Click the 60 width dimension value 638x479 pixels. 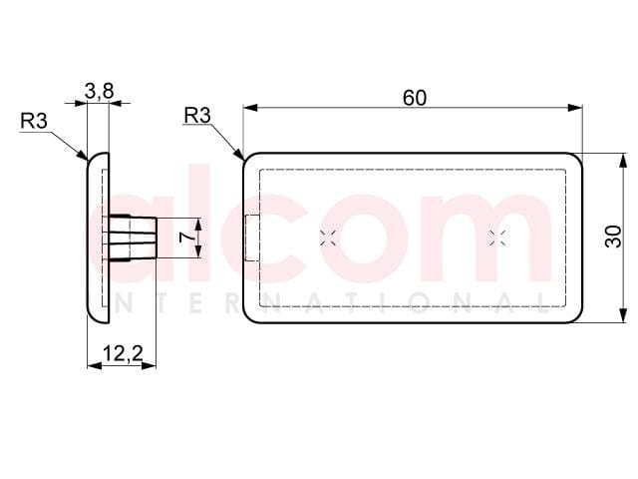point(415,98)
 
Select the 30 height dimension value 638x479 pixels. point(614,237)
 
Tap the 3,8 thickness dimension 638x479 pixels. point(100,91)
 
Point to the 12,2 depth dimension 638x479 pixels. point(123,353)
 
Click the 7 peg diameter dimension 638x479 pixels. point(185,238)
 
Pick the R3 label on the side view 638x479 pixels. point(34,121)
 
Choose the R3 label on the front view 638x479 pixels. point(197,116)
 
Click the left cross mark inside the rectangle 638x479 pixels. point(328,238)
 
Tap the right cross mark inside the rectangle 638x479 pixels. point(497,238)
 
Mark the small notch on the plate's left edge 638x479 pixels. point(252,238)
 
